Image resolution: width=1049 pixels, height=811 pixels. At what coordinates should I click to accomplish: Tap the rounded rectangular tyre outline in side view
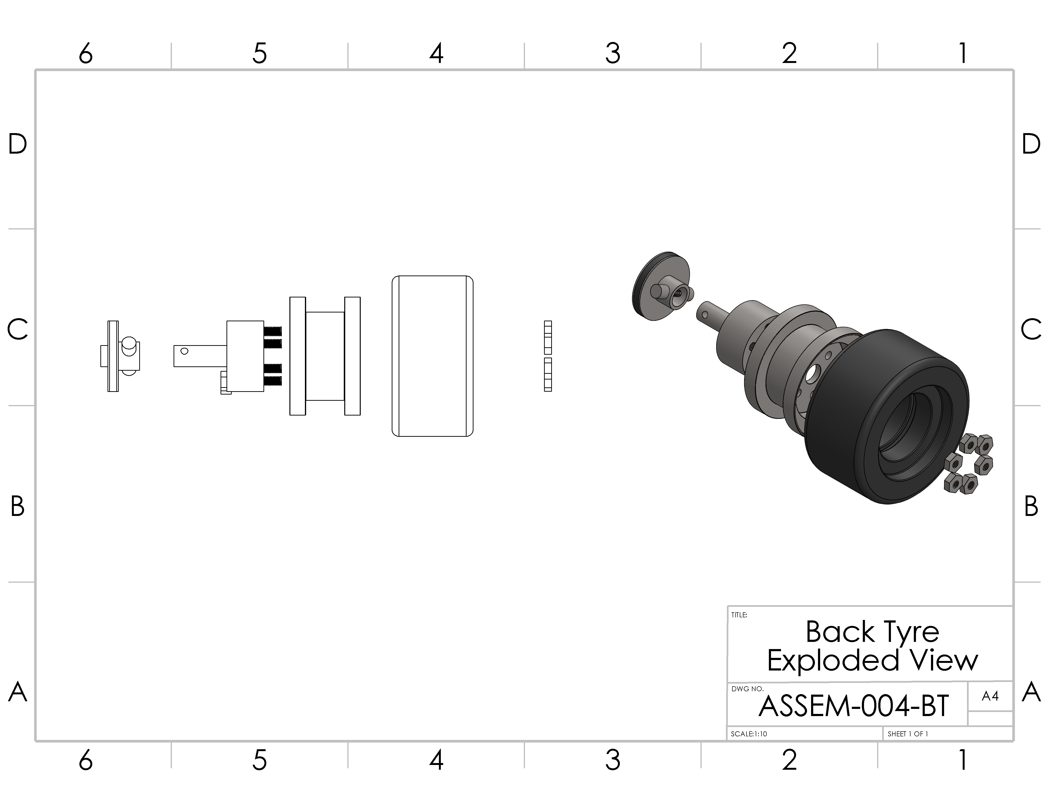432,356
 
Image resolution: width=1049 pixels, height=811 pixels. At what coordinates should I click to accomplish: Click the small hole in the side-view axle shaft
184,351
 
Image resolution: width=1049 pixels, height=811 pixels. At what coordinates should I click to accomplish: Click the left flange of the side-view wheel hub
297,356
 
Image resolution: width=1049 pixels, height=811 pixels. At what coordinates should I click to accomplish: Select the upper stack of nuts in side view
548,337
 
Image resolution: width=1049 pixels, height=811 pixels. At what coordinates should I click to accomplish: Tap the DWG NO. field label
747,688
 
